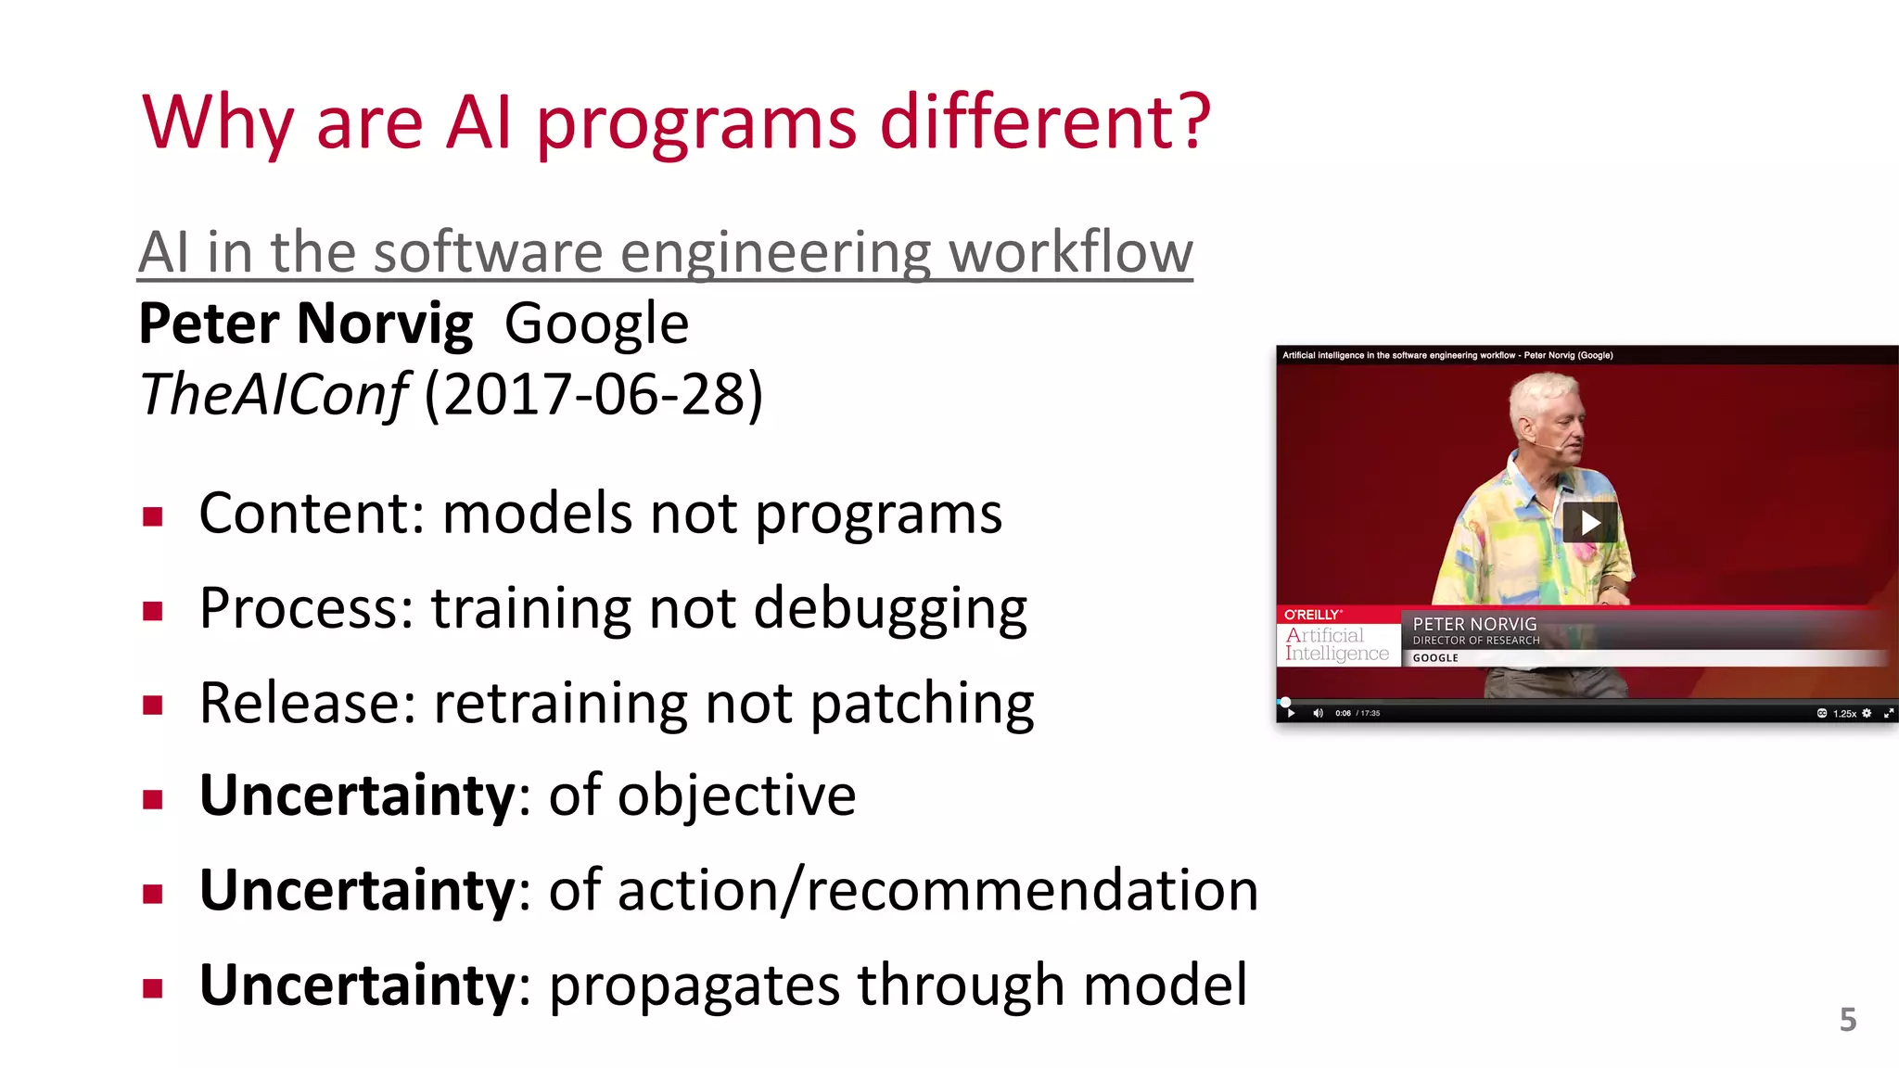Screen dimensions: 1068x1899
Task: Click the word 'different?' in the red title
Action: pos(1044,122)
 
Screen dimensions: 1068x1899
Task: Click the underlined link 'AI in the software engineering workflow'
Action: pos(665,252)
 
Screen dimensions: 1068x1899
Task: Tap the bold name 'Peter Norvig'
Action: pos(305,324)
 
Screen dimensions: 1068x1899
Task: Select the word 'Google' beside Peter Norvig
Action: pos(596,324)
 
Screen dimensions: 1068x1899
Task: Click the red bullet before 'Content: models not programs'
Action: pos(153,516)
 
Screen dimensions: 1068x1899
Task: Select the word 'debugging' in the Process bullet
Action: pos(890,609)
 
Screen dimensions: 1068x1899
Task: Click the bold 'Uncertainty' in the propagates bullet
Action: pos(357,985)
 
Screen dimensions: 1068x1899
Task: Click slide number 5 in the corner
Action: pos(1847,1020)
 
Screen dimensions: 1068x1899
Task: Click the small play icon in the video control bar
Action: pos(1291,713)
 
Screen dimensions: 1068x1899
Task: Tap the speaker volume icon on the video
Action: pos(1318,713)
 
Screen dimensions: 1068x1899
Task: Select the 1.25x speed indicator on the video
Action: pos(1844,713)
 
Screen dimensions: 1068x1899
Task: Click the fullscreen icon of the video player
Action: pos(1888,713)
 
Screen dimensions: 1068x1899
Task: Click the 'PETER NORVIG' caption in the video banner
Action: pos(1474,624)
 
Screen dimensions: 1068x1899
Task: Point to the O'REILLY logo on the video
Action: pos(1311,615)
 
